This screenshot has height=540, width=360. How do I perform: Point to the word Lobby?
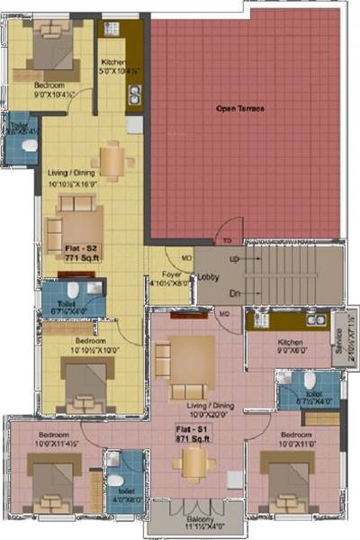[x=210, y=278]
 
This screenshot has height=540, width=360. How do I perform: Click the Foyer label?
[x=172, y=277]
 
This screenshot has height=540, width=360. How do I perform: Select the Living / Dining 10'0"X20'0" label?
[x=196, y=409]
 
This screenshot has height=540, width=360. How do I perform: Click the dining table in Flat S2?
[x=112, y=160]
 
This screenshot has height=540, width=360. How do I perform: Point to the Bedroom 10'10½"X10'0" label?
[x=92, y=346]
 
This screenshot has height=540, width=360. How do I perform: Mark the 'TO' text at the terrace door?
[x=228, y=240]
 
